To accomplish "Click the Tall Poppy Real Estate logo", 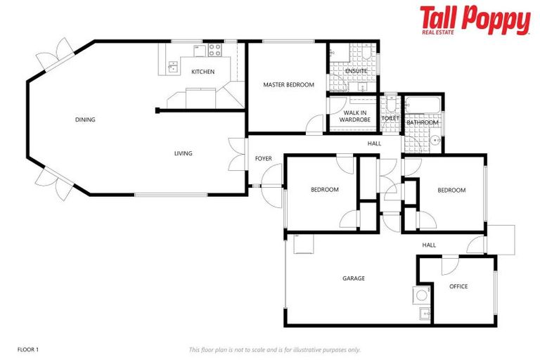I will (x=475, y=20).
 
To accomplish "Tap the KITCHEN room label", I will (x=202, y=72).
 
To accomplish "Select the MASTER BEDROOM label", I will (x=288, y=85).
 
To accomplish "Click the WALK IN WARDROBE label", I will (x=355, y=116).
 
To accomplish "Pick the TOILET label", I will (x=390, y=119).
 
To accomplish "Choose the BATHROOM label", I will (x=423, y=122).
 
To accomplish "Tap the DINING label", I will (x=85, y=120).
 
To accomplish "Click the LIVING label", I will (x=184, y=153).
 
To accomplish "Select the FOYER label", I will (x=264, y=159).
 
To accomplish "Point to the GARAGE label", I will (x=353, y=278).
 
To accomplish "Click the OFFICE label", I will (x=458, y=286).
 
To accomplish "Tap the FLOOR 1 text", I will (x=28, y=349).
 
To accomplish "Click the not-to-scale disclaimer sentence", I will (x=274, y=349).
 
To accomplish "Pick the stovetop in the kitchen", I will (x=214, y=50).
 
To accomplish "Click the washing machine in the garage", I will (x=422, y=295).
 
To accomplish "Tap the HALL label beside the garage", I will (x=429, y=245).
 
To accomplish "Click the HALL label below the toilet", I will (x=374, y=143).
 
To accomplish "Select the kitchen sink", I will (x=172, y=67).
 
